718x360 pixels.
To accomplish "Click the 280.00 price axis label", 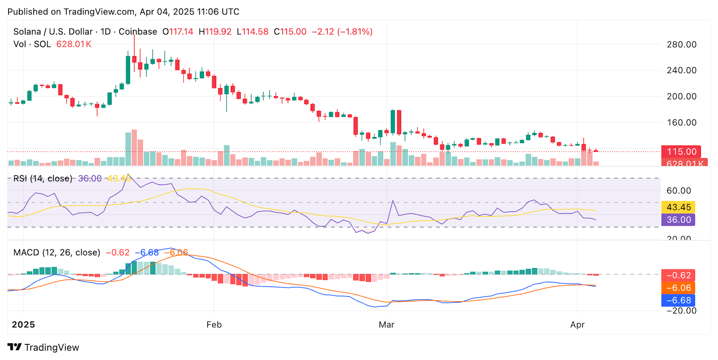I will coord(681,44).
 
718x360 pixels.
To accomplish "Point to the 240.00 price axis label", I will coord(681,70).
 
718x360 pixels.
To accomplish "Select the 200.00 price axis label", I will coord(681,97).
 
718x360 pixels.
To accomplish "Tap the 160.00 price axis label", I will coord(681,123).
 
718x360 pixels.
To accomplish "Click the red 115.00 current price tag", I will coord(681,152).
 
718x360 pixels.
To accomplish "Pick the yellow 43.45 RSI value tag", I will coord(678,207).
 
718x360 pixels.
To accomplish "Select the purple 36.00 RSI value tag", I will coord(678,220).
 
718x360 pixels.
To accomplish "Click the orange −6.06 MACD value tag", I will coord(678,288).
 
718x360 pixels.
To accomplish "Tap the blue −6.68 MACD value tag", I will coord(678,300).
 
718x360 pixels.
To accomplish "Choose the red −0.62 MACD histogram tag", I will coord(678,275).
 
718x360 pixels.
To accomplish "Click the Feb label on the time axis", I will coord(214,325).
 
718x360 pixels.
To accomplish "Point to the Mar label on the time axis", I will coord(386,325).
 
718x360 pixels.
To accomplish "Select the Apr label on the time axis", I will coord(578,325).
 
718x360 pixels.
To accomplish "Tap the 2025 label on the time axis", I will coord(23,325).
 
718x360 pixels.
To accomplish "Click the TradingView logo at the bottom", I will coord(44,347).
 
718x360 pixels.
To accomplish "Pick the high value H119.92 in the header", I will coord(215,32).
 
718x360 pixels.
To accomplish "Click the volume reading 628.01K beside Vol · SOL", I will coord(74,44).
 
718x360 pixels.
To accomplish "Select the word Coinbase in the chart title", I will coord(138,32).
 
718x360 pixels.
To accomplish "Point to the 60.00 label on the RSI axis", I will coord(679,191).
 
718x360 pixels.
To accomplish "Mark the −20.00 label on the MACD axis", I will coord(681,311).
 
